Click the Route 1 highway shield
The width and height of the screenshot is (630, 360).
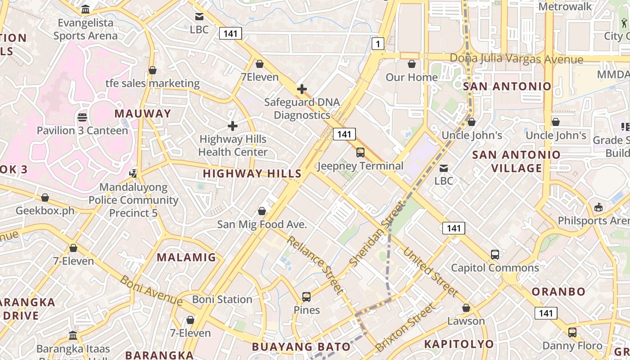(378, 44)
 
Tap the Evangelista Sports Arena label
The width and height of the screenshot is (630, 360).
(85, 29)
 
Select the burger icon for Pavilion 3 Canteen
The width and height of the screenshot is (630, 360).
(82, 117)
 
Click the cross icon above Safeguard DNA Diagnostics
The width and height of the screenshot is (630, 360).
(302, 89)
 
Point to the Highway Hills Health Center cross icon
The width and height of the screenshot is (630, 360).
(233, 126)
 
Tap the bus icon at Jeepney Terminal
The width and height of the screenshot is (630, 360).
(360, 153)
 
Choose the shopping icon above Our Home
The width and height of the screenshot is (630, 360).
(411, 64)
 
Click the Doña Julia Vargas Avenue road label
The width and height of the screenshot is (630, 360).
(517, 59)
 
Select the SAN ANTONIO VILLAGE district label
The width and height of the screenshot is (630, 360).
(516, 161)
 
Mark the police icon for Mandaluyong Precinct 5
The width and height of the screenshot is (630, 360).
(133, 173)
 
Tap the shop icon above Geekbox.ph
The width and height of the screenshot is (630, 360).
(45, 198)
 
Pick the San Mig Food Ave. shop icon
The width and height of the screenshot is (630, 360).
(262, 211)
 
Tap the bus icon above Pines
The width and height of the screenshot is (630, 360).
(306, 297)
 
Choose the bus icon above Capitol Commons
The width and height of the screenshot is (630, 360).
(495, 255)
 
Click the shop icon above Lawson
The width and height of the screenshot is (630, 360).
(466, 308)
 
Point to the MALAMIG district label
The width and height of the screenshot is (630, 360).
(186, 257)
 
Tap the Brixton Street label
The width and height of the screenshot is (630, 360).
(405, 327)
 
